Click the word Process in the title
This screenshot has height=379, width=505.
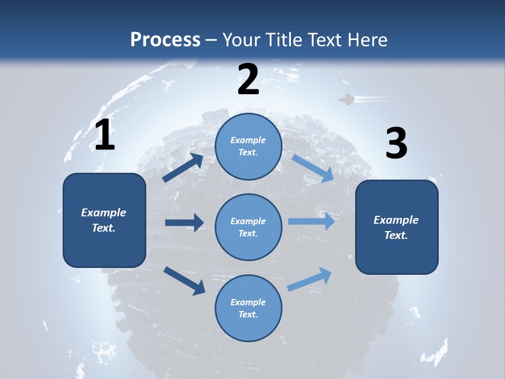pyautogui.click(x=165, y=40)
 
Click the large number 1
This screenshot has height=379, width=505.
pyautogui.click(x=105, y=135)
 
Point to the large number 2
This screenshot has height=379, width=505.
pyautogui.click(x=248, y=80)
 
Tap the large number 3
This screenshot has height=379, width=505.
pyautogui.click(x=397, y=143)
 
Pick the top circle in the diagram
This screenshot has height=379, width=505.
pyautogui.click(x=248, y=146)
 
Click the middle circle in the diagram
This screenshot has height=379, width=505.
pyautogui.click(x=248, y=227)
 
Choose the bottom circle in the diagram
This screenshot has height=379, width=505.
pyautogui.click(x=248, y=308)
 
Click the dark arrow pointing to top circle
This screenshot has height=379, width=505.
pyautogui.click(x=183, y=168)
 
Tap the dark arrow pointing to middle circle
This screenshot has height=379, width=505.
pyautogui.click(x=184, y=223)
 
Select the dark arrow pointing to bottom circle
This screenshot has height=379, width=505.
pyautogui.click(x=184, y=280)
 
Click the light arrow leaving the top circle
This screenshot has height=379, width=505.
pyautogui.click(x=312, y=168)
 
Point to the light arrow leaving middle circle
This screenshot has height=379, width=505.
pyautogui.click(x=311, y=222)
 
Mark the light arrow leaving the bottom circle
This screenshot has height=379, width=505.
pyautogui.click(x=310, y=280)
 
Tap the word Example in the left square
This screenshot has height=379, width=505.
pyautogui.click(x=104, y=213)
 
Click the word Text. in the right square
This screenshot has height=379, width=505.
pyautogui.click(x=396, y=235)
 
